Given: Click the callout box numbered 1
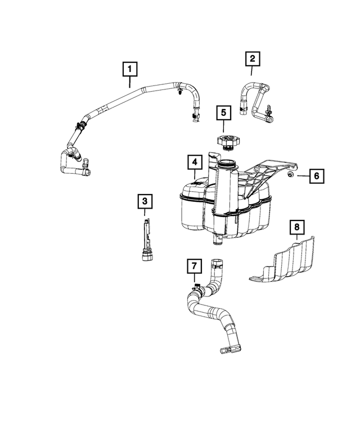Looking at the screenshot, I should click(130, 70).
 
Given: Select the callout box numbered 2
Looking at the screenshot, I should click(252, 58).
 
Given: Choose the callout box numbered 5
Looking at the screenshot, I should click(223, 112).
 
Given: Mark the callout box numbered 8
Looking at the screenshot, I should click(297, 227).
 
